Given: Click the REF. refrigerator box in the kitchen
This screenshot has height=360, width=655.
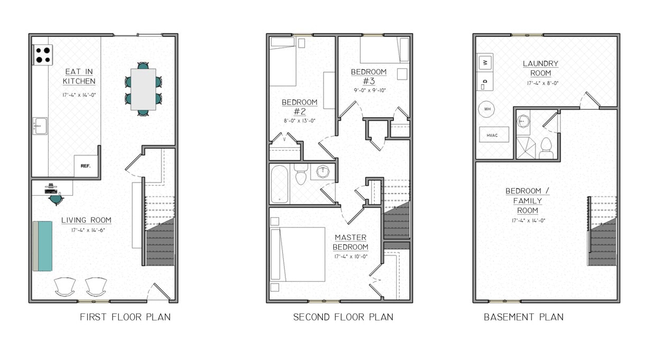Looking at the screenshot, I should pyautogui.click(x=86, y=166).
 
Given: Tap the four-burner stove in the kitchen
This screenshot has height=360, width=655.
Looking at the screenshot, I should pyautogui.click(x=43, y=55).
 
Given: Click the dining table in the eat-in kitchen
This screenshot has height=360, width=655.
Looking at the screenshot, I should pyautogui.click(x=143, y=89).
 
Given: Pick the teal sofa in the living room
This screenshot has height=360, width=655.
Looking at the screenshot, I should pyautogui.click(x=43, y=246).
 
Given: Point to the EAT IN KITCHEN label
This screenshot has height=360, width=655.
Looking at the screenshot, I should pyautogui.click(x=79, y=77).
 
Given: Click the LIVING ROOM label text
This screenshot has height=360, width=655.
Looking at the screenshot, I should pyautogui.click(x=86, y=220).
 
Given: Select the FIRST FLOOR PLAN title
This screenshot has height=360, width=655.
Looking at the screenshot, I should pyautogui.click(x=125, y=317).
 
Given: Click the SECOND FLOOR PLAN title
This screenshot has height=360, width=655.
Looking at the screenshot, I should pyautogui.click(x=343, y=317).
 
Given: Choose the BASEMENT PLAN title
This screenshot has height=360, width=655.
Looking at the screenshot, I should pyautogui.click(x=523, y=317).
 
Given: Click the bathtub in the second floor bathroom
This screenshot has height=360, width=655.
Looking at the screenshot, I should pyautogui.click(x=279, y=184).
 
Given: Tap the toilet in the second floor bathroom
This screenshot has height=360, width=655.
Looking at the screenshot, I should pyautogui.click(x=301, y=175).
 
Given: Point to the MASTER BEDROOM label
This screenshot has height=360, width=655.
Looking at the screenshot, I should pyautogui.click(x=351, y=242).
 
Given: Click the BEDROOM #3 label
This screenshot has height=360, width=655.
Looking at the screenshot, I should pyautogui.click(x=369, y=76).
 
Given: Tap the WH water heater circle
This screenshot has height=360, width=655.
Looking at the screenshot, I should pyautogui.click(x=486, y=110).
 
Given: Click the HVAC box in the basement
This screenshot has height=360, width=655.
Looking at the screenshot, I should pyautogui.click(x=494, y=135).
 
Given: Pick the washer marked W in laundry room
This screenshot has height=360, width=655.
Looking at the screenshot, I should pyautogui.click(x=485, y=62).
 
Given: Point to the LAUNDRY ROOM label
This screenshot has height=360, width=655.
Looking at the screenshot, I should pyautogui.click(x=540, y=68).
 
